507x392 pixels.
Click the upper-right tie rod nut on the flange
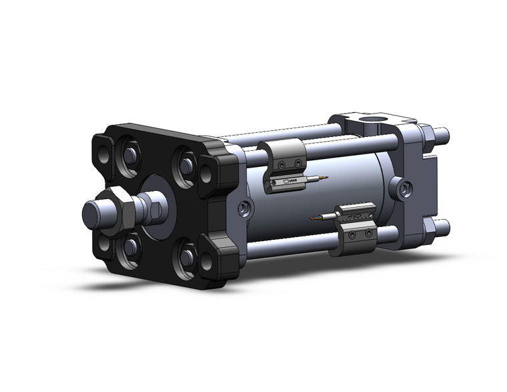click(186, 163)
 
